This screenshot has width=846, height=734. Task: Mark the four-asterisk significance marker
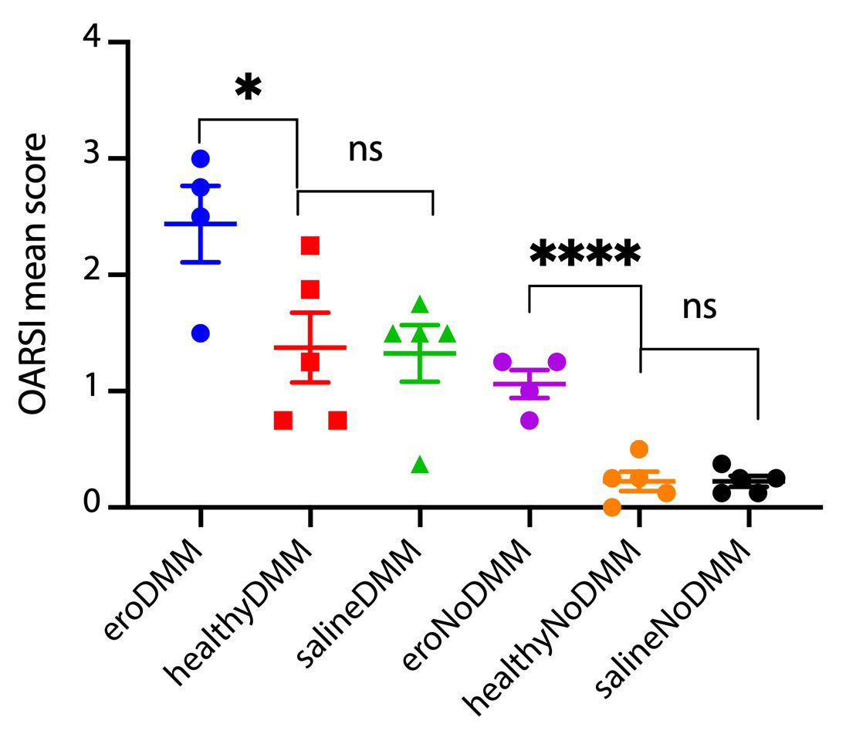585,254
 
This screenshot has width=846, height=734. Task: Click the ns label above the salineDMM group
365,151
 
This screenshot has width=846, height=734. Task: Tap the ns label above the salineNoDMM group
699,308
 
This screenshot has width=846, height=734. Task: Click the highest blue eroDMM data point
201,158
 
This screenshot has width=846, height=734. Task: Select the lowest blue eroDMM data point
201,333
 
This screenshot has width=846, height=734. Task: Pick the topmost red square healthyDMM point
310,245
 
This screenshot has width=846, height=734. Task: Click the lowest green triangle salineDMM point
419,465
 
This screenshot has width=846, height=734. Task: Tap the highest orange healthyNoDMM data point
638,449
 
